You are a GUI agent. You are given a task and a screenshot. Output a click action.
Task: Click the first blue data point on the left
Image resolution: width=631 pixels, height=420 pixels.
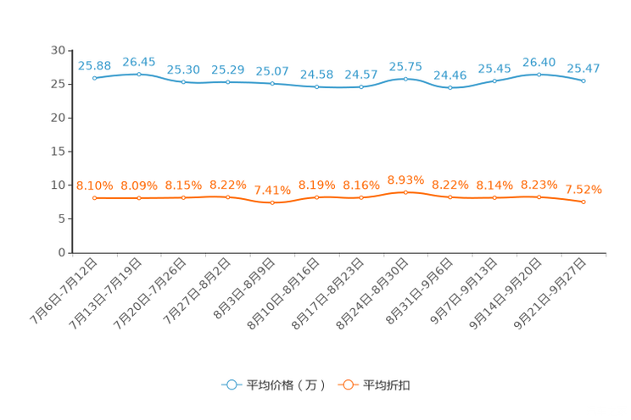(95, 78)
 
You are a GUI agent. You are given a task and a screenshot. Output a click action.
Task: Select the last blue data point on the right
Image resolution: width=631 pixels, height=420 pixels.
(584, 81)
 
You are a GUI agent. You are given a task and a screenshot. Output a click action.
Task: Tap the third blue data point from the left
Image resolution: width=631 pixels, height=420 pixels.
(184, 82)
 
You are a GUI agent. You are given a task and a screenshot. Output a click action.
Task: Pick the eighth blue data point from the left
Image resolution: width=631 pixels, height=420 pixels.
(406, 79)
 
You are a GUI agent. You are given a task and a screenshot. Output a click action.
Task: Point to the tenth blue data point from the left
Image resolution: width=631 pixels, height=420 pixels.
(494, 81)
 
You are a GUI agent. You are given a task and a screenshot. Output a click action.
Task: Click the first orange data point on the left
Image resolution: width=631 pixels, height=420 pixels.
(95, 197)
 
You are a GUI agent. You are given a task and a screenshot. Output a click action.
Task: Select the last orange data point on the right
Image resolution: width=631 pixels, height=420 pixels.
(584, 202)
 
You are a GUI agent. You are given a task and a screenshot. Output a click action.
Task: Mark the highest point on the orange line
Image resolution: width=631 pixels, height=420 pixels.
(406, 192)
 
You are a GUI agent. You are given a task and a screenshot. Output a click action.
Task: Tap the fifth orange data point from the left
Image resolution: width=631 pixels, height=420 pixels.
(272, 202)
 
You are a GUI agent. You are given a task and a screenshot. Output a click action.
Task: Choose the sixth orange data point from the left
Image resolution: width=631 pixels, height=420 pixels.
(317, 197)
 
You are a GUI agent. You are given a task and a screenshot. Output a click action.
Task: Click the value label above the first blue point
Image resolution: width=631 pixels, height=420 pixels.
(94, 65)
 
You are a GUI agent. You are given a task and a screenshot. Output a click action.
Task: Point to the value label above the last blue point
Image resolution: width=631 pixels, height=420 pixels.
(584, 68)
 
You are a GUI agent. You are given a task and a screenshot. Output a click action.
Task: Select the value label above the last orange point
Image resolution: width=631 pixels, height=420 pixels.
(584, 189)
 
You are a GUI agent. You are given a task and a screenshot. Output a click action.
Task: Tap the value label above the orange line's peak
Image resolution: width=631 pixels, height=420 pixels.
(405, 180)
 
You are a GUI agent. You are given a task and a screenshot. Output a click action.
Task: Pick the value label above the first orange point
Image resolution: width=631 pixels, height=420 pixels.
(94, 185)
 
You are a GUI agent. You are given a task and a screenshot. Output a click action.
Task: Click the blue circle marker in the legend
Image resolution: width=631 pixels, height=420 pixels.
(232, 385)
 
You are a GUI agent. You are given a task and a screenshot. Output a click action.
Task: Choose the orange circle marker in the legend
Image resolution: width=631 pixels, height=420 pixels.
(348, 385)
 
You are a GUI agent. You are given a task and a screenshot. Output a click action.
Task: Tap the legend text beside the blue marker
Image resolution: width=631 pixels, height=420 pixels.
(286, 385)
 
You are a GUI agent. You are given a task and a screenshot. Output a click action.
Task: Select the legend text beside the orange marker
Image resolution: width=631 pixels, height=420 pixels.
(387, 385)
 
